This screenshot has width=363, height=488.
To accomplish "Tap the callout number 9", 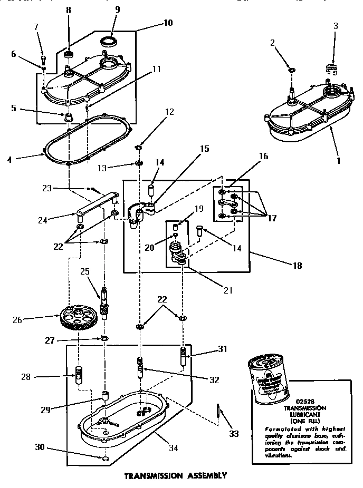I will point(117,9).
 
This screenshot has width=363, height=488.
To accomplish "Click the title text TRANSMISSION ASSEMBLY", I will point(175,475).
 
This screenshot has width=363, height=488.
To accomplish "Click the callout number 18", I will point(297,266).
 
